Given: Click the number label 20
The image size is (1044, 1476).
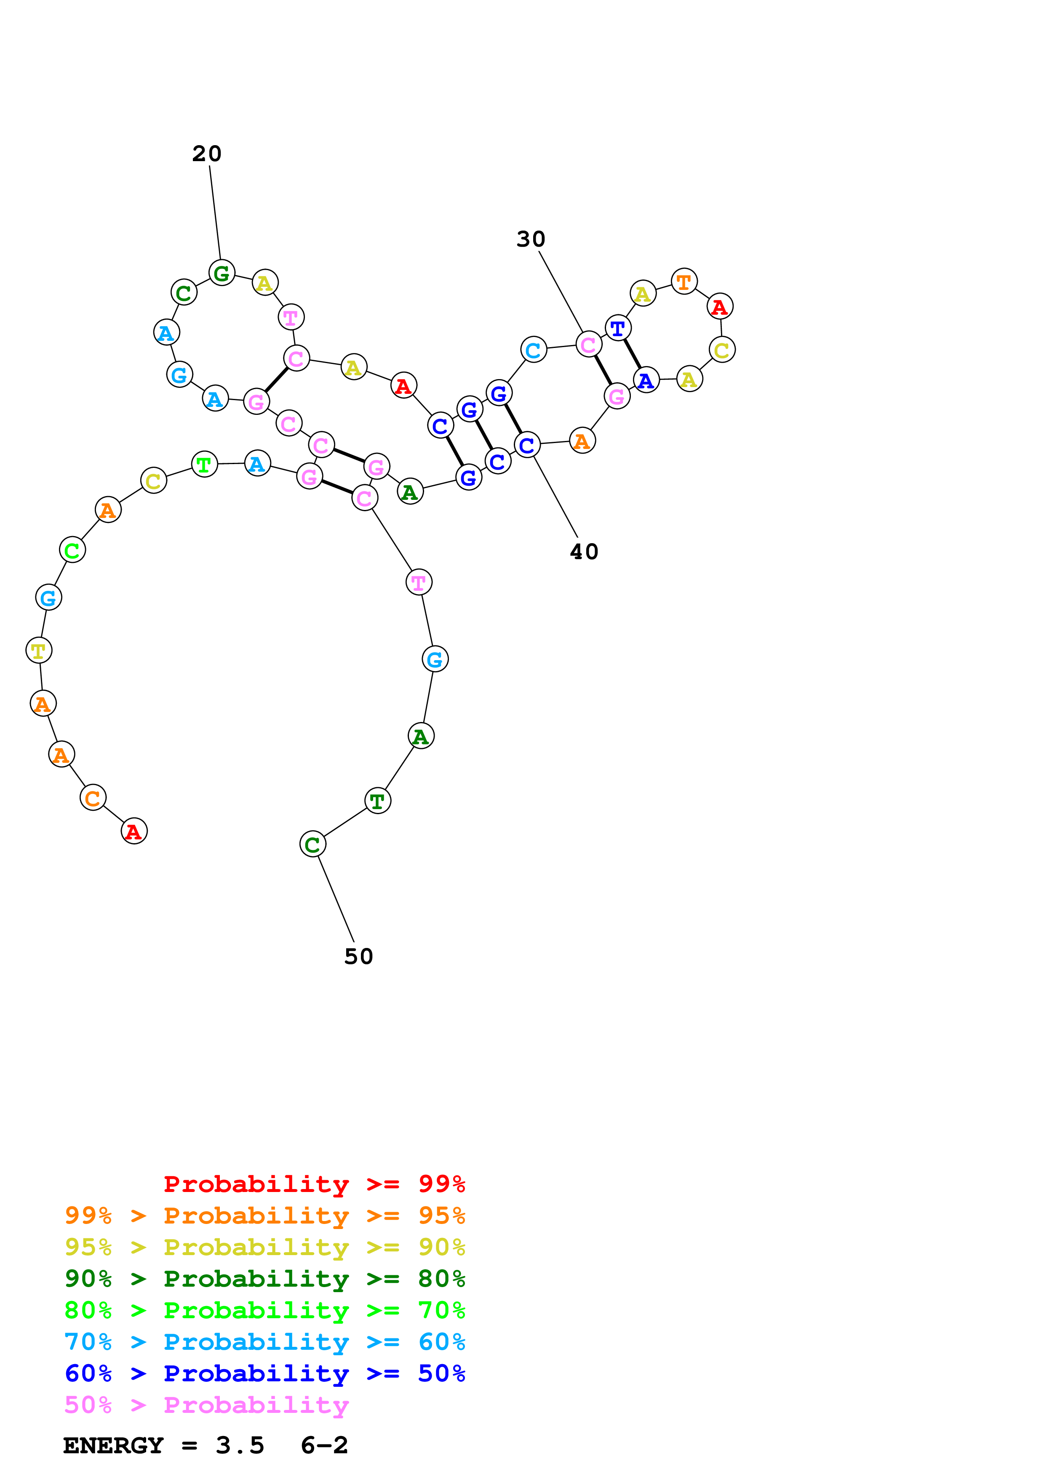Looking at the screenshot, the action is [x=206, y=154].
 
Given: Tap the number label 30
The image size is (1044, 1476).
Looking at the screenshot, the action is [x=531, y=239].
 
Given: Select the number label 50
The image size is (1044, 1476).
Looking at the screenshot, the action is [x=358, y=956].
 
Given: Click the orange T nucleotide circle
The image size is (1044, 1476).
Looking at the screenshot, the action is [x=684, y=281].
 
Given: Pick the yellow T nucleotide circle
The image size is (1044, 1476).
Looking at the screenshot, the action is [x=39, y=650].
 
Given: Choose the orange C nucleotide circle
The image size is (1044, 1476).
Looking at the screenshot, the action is [x=93, y=798].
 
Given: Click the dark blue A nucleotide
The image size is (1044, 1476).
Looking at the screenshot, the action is [x=646, y=380].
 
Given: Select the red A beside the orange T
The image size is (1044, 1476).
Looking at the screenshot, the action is [x=719, y=307].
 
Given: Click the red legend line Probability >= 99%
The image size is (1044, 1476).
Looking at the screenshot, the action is [x=314, y=1184].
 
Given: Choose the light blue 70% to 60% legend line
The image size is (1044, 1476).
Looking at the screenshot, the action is [x=264, y=1342].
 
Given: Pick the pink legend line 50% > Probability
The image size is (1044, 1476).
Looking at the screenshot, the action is [x=206, y=1405].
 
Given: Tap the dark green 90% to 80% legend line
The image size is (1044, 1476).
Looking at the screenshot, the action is [x=264, y=1279].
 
